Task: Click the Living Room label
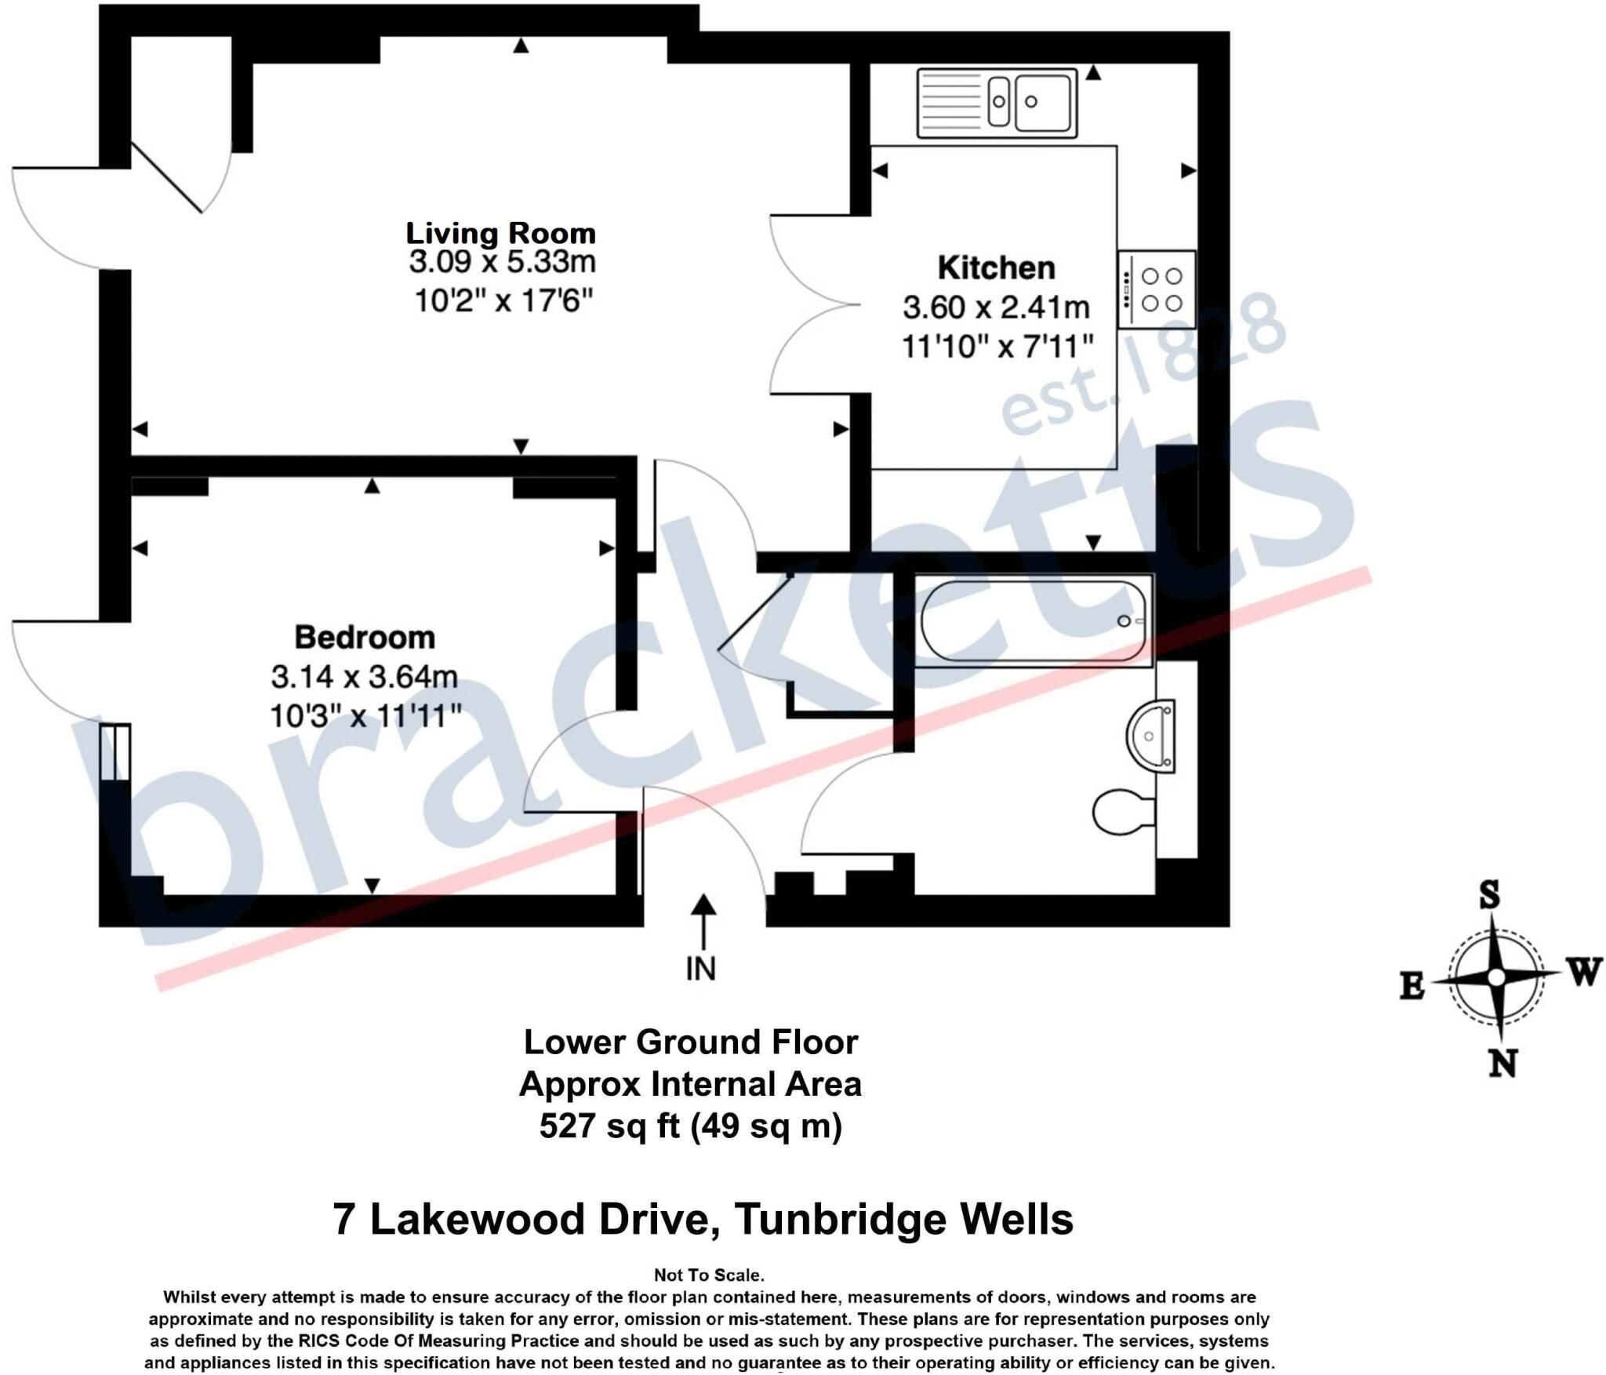(x=500, y=233)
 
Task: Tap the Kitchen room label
(x=996, y=268)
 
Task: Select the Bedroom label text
(x=365, y=637)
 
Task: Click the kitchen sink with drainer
(x=997, y=102)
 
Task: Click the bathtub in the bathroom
(x=1034, y=620)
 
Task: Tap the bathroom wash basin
(x=1152, y=736)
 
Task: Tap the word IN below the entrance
(x=700, y=969)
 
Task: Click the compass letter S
(x=1489, y=895)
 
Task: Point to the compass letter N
(x=1502, y=1064)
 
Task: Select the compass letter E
(x=1412, y=986)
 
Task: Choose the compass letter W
(x=1583, y=973)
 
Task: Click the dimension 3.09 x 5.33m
(x=502, y=262)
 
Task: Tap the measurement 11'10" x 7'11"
(x=997, y=346)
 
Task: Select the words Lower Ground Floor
(x=691, y=1042)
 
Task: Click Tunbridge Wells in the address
(x=903, y=1220)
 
